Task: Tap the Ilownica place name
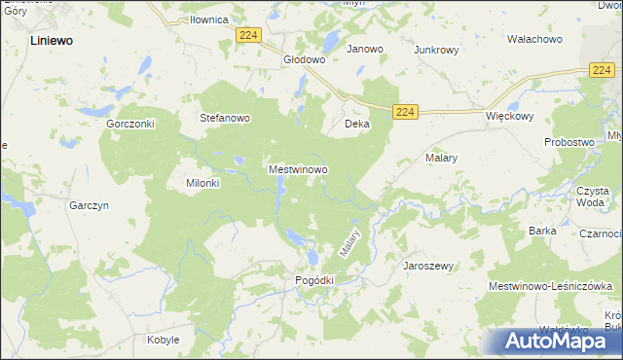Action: tap(208, 19)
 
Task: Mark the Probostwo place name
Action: tap(569, 142)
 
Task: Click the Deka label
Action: tap(357, 125)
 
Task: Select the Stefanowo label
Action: tap(225, 119)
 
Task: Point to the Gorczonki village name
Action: tap(131, 125)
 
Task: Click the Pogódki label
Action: tap(314, 280)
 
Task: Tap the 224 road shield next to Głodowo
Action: tap(248, 35)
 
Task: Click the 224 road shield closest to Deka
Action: tap(406, 113)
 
